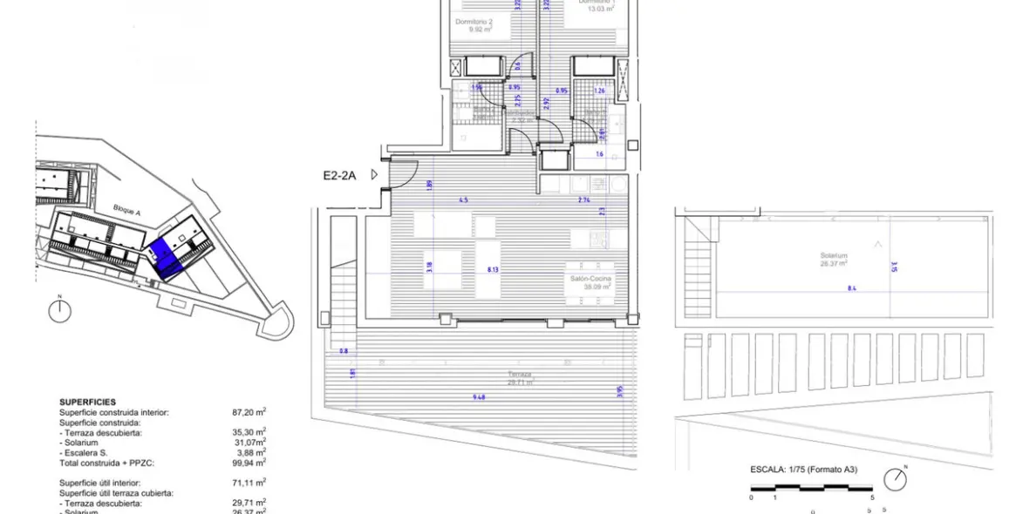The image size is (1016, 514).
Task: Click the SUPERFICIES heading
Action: coord(87,402)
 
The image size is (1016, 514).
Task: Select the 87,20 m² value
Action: coord(248,412)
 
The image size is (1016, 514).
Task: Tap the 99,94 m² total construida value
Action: coord(248,464)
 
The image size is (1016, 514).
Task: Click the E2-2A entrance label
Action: coord(340,174)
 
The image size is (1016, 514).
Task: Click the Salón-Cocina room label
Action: coord(590,278)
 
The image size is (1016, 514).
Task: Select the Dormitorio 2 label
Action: coord(474,21)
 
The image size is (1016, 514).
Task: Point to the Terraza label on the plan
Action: coord(520,375)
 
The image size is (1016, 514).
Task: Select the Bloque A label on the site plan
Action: coord(127,208)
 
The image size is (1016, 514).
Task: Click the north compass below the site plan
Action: coord(59,311)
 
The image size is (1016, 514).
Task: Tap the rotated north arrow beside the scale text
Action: coord(895,479)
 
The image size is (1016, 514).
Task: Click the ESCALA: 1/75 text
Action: coord(803,469)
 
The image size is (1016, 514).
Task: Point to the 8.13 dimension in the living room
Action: coord(494,270)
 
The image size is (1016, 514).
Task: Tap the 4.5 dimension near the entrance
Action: coord(463,200)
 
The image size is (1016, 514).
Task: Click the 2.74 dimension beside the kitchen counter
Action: coord(583,200)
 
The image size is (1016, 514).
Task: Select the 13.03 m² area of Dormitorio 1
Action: coord(601,10)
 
